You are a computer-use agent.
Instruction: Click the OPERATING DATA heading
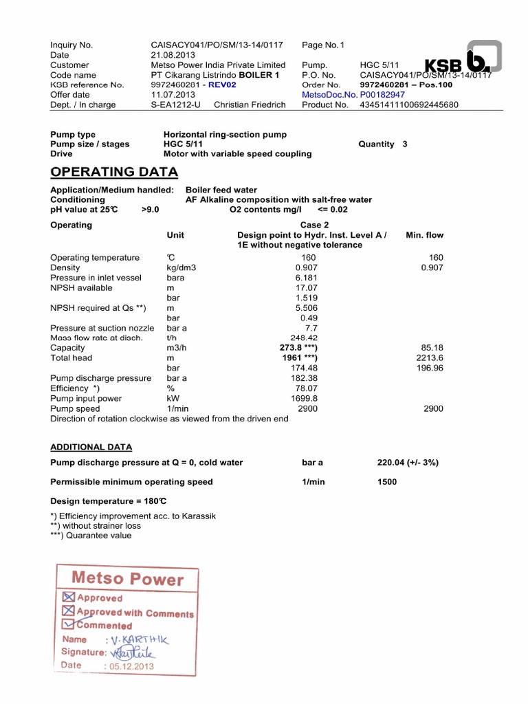114,172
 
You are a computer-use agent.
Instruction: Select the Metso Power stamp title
128,579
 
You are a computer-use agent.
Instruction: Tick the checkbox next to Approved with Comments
68,610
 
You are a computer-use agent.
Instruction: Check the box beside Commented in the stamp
68,624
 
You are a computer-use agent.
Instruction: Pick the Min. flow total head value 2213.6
430,358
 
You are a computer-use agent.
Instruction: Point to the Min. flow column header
425,235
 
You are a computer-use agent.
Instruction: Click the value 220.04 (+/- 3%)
408,463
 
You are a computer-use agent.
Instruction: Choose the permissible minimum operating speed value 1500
387,482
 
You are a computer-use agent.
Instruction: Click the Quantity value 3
405,144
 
